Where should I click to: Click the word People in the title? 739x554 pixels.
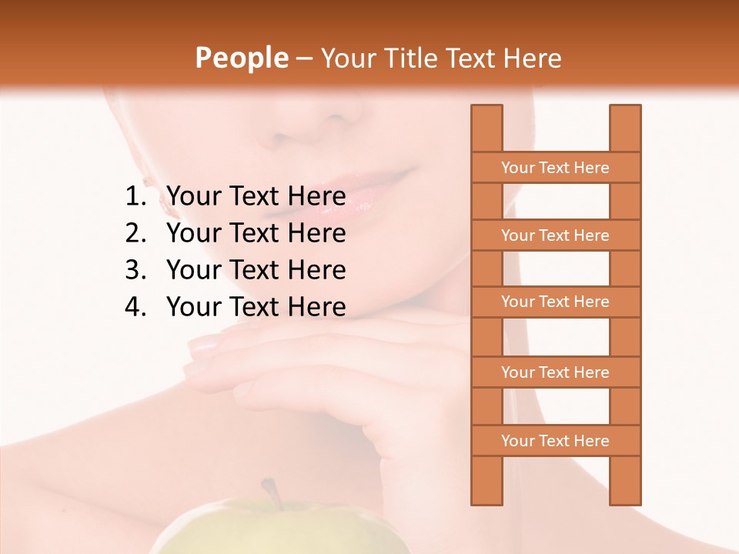[x=242, y=58]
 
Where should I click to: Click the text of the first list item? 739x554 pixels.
[x=256, y=197]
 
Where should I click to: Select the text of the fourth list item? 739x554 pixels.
[x=256, y=307]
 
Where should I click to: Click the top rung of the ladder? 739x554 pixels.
[x=555, y=168]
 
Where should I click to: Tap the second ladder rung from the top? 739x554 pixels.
[x=555, y=235]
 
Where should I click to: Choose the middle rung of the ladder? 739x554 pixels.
[x=555, y=302]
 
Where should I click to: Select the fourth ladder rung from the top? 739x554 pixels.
[x=555, y=372]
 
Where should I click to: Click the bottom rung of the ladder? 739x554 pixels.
[x=555, y=441]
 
